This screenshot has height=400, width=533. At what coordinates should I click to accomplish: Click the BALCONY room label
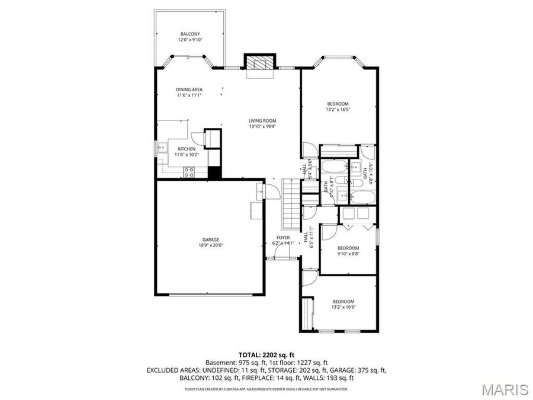pos(190,34)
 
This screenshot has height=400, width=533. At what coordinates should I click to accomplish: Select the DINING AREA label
pos(189,89)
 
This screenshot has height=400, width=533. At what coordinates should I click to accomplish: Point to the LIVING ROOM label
pos(262,121)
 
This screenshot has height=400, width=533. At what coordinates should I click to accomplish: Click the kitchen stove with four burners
pos(190,172)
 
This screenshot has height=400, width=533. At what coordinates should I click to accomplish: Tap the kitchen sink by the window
pos(161,148)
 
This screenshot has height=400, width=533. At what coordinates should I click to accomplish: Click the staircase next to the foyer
pos(292,203)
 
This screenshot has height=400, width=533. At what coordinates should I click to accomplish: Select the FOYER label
pos(283,237)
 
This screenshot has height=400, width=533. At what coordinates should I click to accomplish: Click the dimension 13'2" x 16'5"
pos(338,110)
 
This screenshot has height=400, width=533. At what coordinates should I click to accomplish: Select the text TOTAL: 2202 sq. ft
pos(266,354)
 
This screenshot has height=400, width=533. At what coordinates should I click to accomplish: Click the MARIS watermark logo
pos(505,389)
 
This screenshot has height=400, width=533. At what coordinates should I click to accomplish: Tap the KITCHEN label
pos(187,149)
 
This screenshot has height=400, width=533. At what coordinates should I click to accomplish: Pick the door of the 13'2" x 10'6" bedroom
pos(309,277)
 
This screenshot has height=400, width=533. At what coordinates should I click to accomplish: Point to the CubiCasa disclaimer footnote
pos(266,389)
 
